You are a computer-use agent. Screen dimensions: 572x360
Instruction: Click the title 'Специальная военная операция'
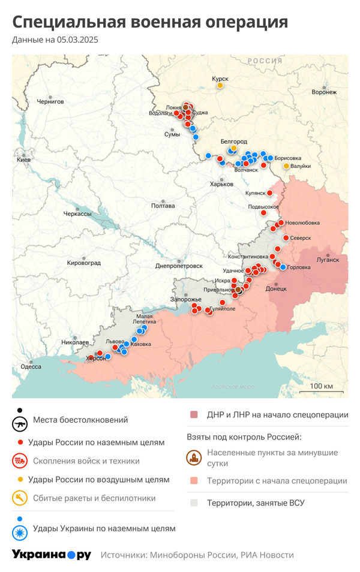pos(150,23)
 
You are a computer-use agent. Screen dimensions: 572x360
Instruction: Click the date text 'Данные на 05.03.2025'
pos(55,40)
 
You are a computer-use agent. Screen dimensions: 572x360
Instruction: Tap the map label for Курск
pos(220,78)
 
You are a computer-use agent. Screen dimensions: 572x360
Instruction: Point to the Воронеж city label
pos(324,92)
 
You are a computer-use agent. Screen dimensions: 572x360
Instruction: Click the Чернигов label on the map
pos(50,102)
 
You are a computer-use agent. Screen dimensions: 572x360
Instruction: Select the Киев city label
pos(24,159)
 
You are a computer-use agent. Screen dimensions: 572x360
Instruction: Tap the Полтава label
pos(163,206)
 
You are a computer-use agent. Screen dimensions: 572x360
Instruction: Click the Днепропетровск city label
pos(179,265)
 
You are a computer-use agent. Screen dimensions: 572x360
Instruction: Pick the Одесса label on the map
pos(31,366)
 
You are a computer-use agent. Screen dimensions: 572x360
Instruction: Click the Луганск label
pos(328,260)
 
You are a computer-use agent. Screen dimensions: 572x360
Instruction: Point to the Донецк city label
pos(276,288)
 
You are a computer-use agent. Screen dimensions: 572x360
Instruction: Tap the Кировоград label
pos(84,263)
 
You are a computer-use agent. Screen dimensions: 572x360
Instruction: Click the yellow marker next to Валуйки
pos(286,165)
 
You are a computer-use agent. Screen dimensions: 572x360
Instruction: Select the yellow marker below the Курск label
pos(220,86)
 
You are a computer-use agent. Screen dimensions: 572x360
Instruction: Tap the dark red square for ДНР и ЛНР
pos(194,415)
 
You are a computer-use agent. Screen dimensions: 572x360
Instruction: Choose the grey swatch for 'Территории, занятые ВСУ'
pos(194,503)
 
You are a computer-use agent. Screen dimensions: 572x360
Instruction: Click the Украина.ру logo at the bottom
pos(52,555)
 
